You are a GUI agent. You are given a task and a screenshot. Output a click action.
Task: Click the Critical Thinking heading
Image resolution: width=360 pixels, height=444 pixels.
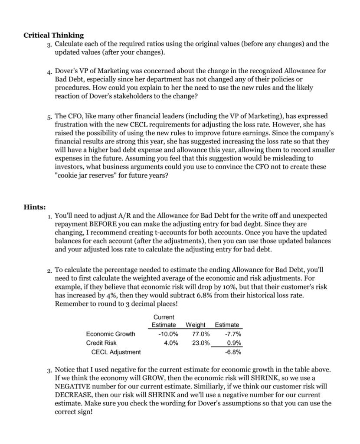pos(53,35)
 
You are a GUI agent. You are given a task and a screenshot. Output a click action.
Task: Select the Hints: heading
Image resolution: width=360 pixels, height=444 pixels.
pos(35,207)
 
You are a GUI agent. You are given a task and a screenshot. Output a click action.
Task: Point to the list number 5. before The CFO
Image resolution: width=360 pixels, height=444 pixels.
pos(50,117)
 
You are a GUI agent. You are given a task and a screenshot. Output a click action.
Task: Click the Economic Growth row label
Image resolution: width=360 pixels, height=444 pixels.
pos(111,334)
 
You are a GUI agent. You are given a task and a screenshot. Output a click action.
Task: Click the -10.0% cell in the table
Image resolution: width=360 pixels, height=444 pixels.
pos(168,334)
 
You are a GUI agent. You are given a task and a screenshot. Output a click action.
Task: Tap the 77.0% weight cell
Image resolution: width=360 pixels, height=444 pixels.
pos(200,334)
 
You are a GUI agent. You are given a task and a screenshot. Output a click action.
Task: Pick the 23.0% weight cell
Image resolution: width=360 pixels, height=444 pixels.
pos(200,343)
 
